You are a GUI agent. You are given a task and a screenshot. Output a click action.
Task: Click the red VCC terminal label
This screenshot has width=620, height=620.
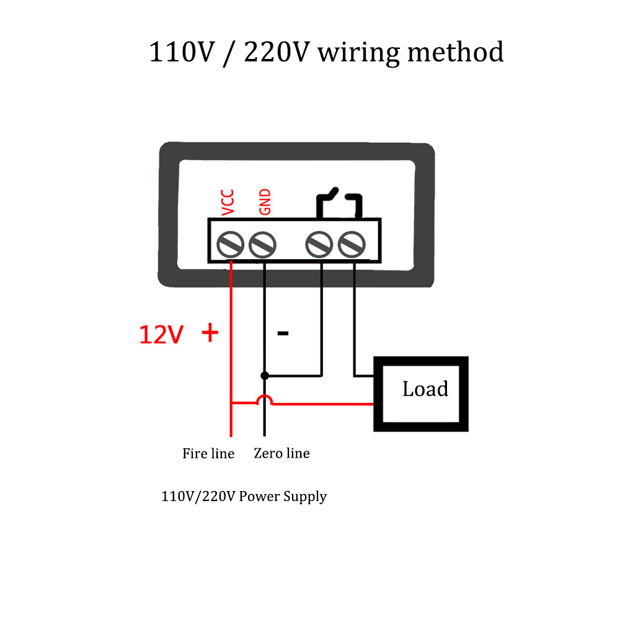pos(228,203)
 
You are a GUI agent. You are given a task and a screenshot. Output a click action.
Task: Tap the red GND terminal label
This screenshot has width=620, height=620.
pos(265,201)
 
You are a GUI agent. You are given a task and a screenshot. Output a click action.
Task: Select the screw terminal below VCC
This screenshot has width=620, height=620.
pos(230,245)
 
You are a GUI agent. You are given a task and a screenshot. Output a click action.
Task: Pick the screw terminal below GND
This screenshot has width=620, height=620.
pos(262,245)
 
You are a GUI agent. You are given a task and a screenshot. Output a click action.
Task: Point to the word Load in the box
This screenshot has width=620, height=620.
pos(425,389)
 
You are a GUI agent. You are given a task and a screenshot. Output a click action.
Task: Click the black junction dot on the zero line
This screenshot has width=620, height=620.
pos(265,375)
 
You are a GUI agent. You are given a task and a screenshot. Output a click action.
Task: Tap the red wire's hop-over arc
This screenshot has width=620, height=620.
pos(265,399)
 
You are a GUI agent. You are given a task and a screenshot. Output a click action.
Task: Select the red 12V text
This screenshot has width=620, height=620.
pos(161,335)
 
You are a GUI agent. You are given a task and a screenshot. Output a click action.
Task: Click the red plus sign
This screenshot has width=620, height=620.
pos(210,332)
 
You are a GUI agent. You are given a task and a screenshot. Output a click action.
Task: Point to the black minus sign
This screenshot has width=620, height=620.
pos(283,334)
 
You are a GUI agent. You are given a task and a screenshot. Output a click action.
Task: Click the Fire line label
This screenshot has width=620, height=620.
pos(208,453)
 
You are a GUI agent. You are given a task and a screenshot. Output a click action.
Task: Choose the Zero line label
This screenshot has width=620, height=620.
pos(281,453)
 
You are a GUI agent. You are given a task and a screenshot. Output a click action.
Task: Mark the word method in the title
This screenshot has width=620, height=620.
pos(456,51)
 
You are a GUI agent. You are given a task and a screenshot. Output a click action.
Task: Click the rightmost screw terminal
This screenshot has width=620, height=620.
pos(352,245)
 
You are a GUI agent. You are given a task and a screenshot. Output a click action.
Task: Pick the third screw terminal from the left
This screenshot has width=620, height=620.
pos(319,245)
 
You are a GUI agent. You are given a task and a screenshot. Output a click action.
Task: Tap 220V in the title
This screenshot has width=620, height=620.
pos(276,52)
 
